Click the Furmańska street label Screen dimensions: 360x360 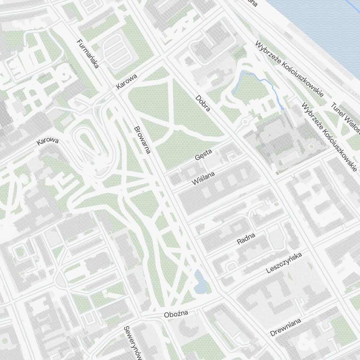tap(88, 54)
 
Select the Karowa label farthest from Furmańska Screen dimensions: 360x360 tap(48, 141)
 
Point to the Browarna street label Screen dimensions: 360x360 tap(141, 140)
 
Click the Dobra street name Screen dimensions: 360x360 tap(203, 103)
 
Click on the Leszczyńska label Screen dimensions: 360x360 tap(284, 263)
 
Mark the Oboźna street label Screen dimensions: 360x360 tap(176, 314)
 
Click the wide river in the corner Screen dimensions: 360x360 tap(324, 29)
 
